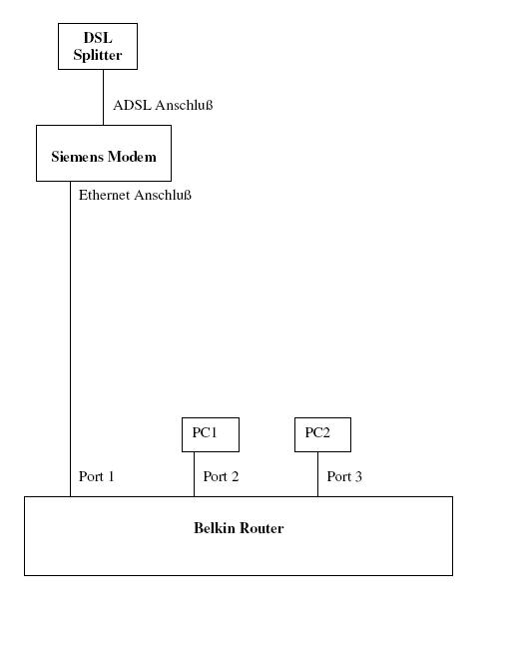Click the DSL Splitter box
click(x=98, y=46)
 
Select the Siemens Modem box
click(x=104, y=153)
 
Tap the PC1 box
click(x=211, y=434)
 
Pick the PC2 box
click(x=323, y=434)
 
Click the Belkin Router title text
click(x=239, y=528)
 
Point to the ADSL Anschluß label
click(x=163, y=105)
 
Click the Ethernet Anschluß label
click(x=135, y=195)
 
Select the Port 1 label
click(x=97, y=476)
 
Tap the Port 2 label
click(x=221, y=476)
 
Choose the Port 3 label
click(x=344, y=476)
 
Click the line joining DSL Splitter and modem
click(x=104, y=97)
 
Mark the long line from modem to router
click(x=71, y=338)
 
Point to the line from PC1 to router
click(x=195, y=474)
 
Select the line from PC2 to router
click(x=318, y=474)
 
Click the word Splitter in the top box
click(x=98, y=55)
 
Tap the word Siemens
click(x=78, y=157)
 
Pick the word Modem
click(x=132, y=157)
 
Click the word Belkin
click(x=215, y=528)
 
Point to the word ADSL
click(x=132, y=105)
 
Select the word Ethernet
click(x=105, y=195)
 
